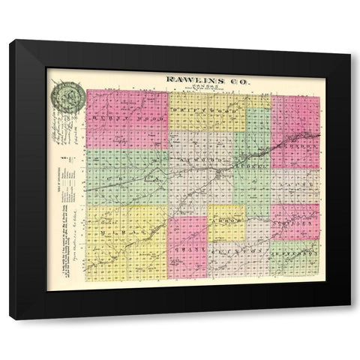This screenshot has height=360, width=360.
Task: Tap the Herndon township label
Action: point(298,148)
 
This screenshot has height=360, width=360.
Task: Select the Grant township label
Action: point(187,247)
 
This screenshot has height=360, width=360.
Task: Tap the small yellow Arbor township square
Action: point(226,224)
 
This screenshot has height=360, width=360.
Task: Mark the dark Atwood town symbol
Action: point(218,174)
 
